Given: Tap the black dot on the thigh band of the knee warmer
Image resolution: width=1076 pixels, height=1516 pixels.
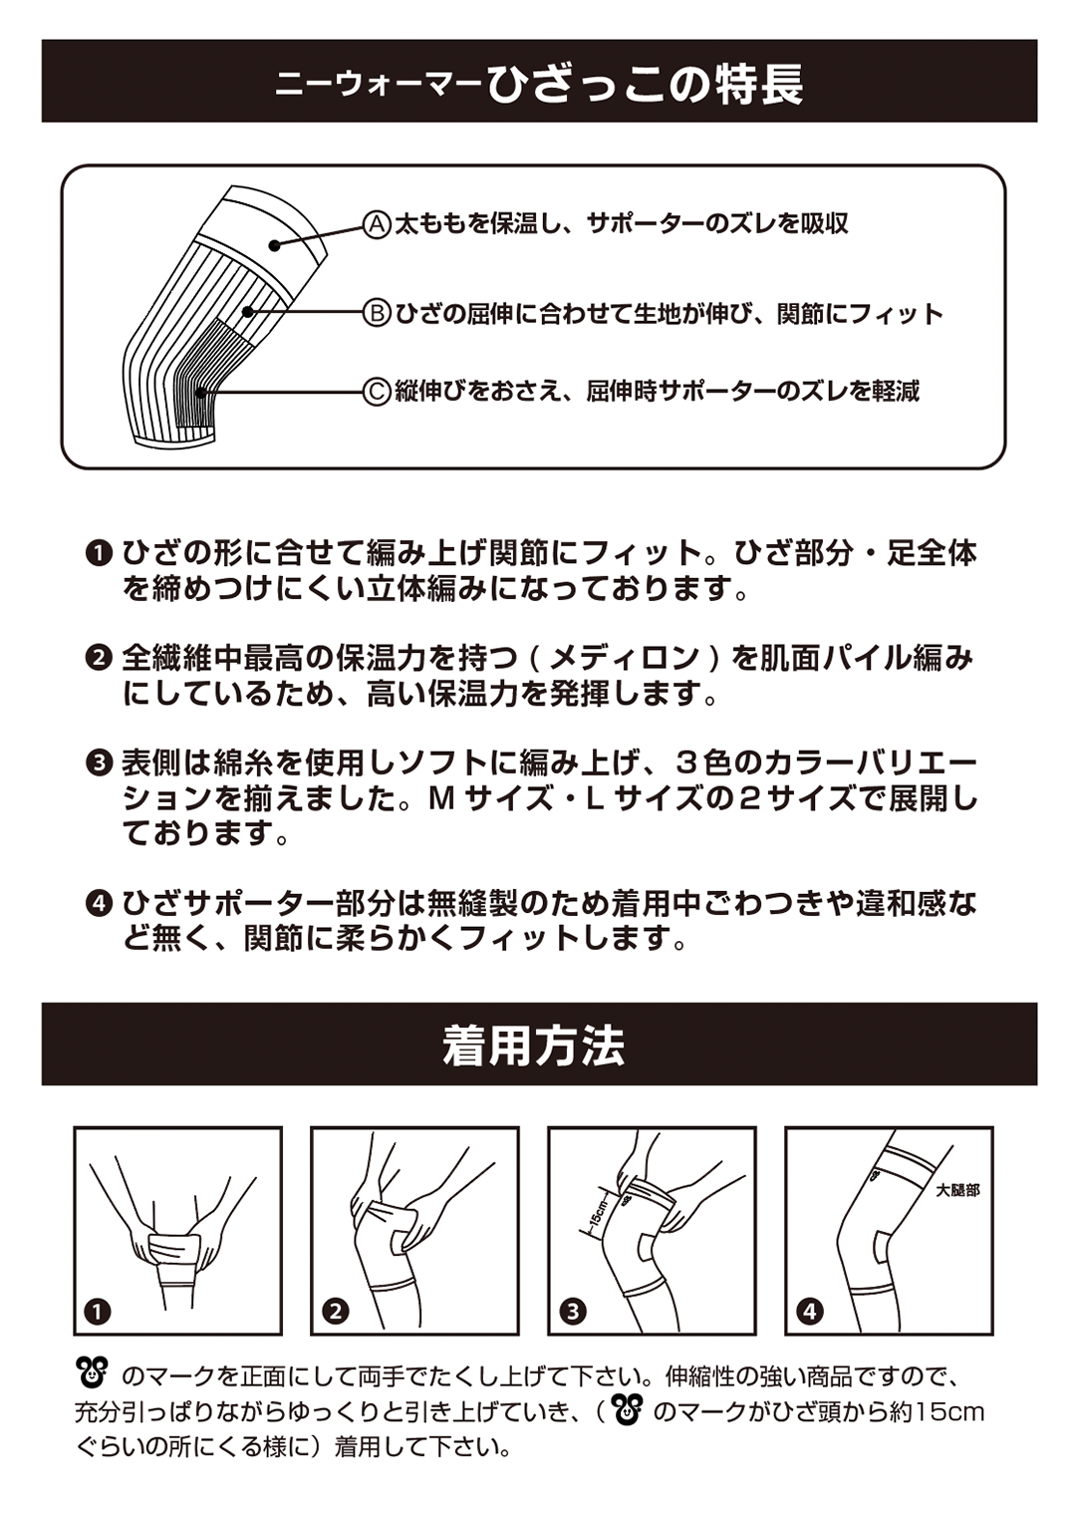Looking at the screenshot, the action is click(275, 245).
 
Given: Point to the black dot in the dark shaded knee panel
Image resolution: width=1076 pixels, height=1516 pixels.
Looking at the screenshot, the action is click(201, 392).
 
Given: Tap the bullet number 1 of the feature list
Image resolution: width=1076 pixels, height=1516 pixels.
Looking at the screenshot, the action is click(99, 554).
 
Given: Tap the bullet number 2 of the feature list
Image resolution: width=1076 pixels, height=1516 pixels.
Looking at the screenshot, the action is click(99, 658).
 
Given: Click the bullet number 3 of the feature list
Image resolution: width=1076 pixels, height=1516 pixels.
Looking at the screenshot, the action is click(99, 763).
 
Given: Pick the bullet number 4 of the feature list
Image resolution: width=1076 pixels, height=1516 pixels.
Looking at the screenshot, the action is click(99, 904).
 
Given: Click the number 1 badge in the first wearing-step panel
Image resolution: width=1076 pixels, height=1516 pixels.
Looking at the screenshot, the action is click(98, 1313).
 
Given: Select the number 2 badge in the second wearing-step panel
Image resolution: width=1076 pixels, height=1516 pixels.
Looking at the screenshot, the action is click(336, 1313).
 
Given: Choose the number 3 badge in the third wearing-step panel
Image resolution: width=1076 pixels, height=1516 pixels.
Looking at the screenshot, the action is click(573, 1313).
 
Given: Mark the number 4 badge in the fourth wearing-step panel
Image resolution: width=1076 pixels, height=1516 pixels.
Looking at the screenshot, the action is click(810, 1313).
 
